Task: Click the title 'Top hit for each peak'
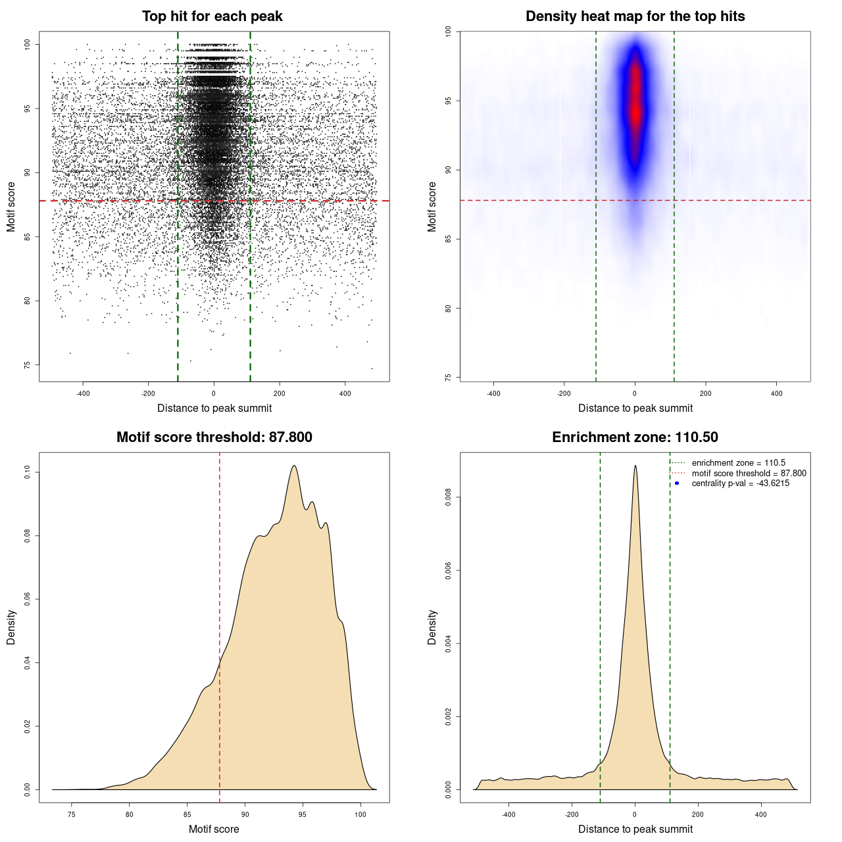pos(212,16)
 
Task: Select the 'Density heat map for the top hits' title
pos(635,16)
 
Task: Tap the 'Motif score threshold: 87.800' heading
pos(214,437)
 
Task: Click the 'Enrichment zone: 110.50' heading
pos(635,437)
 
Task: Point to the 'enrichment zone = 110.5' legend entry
pos(738,463)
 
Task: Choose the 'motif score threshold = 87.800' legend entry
pos(749,473)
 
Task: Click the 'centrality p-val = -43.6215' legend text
pos(740,483)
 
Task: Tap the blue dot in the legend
pos(677,483)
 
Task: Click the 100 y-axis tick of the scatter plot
pos(28,44)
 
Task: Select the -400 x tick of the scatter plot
pos(83,394)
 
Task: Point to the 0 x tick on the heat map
pos(635,394)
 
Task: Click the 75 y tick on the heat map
pos(449,377)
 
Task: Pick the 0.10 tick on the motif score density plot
pos(28,472)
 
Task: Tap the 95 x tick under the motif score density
pos(302,815)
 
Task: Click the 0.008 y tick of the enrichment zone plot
pos(449,498)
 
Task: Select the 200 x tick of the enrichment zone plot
pos(698,815)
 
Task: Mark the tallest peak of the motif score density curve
pos(294,466)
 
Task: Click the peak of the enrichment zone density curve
pos(635,466)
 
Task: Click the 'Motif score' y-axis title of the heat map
pos(432,207)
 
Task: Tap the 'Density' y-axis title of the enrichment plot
pos(432,627)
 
